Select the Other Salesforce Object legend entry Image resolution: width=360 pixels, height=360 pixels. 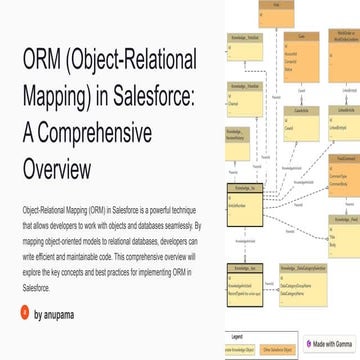(x=280, y=351)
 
